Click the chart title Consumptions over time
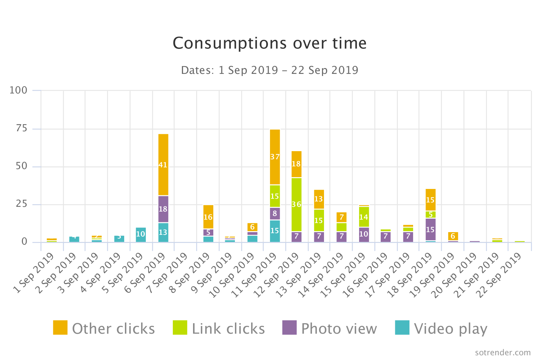point(269,43)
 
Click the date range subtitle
point(269,70)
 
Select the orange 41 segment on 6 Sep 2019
point(163,165)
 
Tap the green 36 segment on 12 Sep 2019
point(296,204)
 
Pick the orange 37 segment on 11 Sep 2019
point(275,157)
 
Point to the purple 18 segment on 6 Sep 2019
point(163,209)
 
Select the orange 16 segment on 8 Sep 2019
point(208,217)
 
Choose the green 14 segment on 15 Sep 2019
point(363,217)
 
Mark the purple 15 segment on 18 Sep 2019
point(430,229)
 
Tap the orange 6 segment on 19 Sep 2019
point(453,236)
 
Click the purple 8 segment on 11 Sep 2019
point(275,214)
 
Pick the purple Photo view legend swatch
point(289,328)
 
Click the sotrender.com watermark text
point(503,353)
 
